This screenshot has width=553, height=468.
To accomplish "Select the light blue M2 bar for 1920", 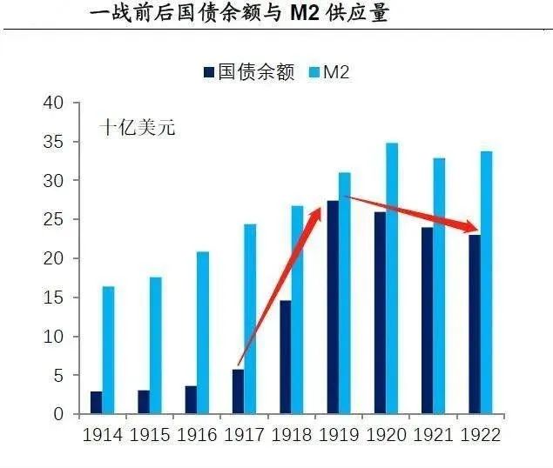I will [x=392, y=278].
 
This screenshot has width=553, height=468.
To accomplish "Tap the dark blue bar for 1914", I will [x=96, y=403].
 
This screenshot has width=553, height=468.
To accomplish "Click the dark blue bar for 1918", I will [x=285, y=357].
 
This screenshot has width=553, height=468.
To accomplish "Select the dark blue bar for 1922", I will [x=475, y=324].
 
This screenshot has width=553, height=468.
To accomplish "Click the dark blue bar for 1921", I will [x=427, y=320].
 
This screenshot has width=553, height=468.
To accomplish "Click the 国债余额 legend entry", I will [x=245, y=71].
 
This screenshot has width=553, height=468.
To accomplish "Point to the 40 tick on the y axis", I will [x=54, y=103].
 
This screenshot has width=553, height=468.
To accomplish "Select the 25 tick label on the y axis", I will [x=54, y=219].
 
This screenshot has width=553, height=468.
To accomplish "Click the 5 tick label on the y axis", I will [x=58, y=375].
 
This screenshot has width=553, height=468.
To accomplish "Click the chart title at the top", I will [x=239, y=13].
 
